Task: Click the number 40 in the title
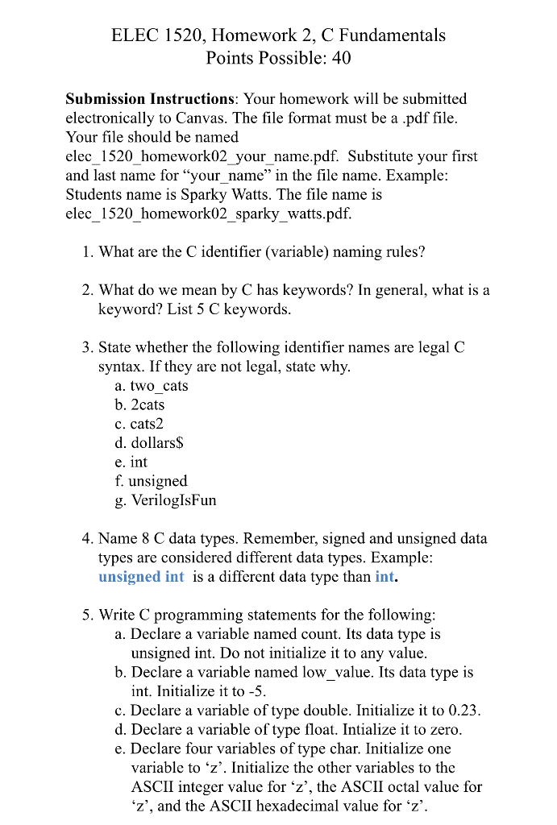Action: coord(341,58)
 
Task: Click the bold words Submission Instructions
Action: coord(149,99)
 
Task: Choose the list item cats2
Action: coord(146,424)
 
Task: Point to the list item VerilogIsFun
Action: coord(173,500)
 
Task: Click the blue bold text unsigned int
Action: coord(141,577)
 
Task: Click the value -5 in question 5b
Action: coord(256,691)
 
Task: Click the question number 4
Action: coord(86,539)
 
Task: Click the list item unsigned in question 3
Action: coord(157,482)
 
